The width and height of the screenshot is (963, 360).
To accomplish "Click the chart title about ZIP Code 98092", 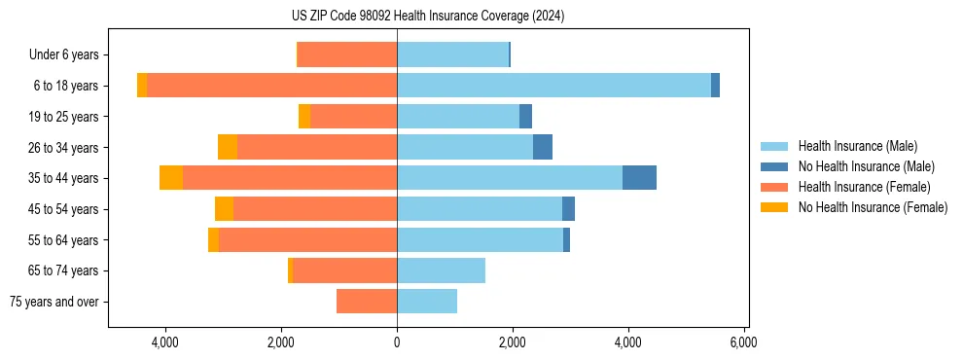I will click(x=427, y=16).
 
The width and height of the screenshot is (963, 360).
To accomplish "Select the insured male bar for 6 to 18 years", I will click(x=553, y=86).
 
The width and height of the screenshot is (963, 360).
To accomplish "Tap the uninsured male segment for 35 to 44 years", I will click(x=639, y=178).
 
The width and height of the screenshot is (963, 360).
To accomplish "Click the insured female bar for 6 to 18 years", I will click(x=271, y=86).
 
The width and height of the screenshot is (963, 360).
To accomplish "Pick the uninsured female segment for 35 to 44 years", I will click(x=171, y=178).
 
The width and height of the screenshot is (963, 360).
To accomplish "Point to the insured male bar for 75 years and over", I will click(x=427, y=302).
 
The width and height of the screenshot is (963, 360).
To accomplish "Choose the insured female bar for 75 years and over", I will click(x=367, y=302).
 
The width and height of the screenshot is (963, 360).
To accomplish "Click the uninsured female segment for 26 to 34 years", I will click(x=228, y=147).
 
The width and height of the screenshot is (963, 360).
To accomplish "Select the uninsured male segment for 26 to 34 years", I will click(x=543, y=147).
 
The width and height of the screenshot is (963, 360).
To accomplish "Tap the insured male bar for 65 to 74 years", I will click(x=441, y=270).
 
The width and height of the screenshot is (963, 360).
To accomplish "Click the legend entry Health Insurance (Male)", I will click(x=857, y=146).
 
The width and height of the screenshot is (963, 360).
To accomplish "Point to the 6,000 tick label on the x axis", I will click(x=743, y=342).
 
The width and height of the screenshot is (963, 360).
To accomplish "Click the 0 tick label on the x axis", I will click(x=397, y=342).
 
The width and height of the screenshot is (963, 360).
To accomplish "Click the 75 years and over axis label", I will click(x=54, y=302).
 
